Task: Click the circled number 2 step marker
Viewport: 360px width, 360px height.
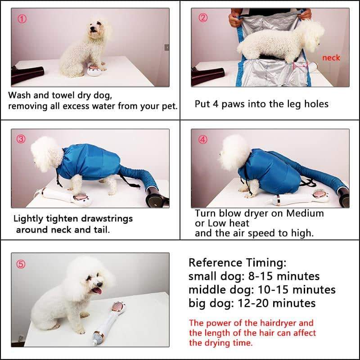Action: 203,18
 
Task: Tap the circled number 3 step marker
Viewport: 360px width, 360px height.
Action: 21,139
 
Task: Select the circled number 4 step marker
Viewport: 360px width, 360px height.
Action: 203,139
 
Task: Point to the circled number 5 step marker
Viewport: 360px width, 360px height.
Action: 21,264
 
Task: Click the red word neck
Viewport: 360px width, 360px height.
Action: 331,58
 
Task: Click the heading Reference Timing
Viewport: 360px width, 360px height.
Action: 237,263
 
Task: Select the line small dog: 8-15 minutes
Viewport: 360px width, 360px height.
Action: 254,276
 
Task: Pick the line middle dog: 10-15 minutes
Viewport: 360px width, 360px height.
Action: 262,289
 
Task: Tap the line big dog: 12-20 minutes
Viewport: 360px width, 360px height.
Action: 252,303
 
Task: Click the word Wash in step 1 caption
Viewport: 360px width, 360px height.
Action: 20,95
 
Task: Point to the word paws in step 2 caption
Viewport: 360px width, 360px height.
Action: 235,104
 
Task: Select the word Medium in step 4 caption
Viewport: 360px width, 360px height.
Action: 303,213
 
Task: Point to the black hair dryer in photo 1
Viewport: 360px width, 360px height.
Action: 27,74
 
